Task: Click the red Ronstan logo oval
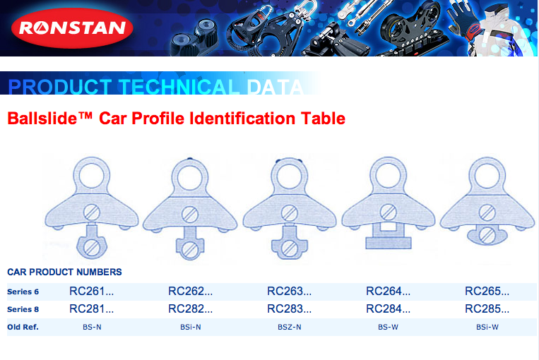coord(72,28)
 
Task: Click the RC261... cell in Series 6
coord(91,292)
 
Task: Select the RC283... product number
coord(289,309)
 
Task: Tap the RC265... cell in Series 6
coord(487,292)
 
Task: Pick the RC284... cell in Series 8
coord(388,309)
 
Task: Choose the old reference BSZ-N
coord(290,327)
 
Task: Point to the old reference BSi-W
coord(487,327)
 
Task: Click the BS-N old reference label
coord(92,327)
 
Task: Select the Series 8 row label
coord(23,309)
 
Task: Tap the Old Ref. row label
coord(23,327)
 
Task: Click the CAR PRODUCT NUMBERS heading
coord(64,272)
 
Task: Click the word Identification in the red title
coord(242,119)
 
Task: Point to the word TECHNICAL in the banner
coord(179,87)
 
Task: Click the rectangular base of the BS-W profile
coord(389,244)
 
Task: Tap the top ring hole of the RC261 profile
coord(92,176)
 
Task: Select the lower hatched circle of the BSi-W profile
coord(487,236)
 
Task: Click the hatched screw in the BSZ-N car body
coord(290,213)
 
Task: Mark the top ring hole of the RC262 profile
coord(190,178)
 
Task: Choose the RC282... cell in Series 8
coord(191,309)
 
